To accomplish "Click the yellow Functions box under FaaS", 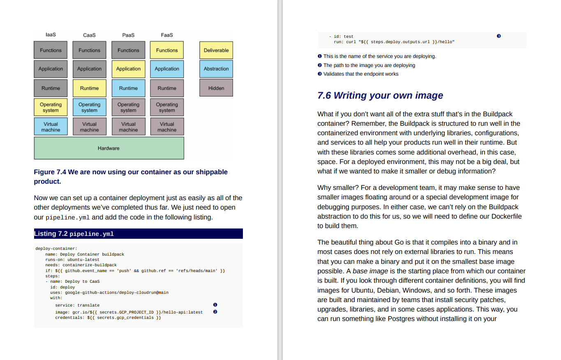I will pos(167,50).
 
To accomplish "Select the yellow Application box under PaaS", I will pos(128,69).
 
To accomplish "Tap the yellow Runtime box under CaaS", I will pos(89,88).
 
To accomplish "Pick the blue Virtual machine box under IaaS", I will pos(51,127).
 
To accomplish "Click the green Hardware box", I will pos(109,148).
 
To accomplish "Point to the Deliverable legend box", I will pos(216,50).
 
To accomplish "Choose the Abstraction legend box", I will pos(216,69).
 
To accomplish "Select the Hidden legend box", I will pos(216,88).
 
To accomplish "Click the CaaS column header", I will pos(89,35).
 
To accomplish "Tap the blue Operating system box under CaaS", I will pos(89,107).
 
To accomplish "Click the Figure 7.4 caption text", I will pos(131,176).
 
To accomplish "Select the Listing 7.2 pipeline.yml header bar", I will pos(138,234).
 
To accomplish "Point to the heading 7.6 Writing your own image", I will pos(380,95).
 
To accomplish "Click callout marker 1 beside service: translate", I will pos(215,305).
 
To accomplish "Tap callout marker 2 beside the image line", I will pos(215,312).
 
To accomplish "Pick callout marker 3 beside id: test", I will pos(499,36).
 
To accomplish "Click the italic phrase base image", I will pos(368,271).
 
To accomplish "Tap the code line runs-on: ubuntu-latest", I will pos(72,260).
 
